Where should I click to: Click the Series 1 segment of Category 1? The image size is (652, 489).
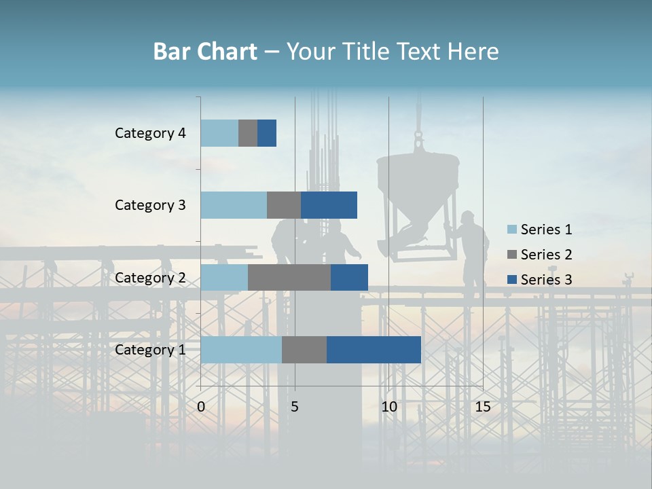[x=241, y=350]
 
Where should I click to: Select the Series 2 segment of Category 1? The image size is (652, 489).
[x=304, y=350]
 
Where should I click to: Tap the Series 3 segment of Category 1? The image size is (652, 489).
[x=374, y=350]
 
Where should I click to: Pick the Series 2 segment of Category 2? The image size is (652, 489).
[x=289, y=278]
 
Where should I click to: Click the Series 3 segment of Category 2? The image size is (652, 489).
[x=349, y=278]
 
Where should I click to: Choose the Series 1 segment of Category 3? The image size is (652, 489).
[x=234, y=205]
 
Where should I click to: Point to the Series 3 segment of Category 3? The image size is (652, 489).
[x=329, y=205]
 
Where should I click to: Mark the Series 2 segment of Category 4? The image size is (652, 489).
[x=248, y=133]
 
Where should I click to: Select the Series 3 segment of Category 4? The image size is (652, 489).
[x=267, y=133]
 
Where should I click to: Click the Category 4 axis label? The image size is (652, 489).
[x=150, y=133]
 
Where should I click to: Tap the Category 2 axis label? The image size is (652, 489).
[x=150, y=278]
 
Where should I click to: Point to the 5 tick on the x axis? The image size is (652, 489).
[x=295, y=407]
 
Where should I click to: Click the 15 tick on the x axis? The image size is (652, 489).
[x=483, y=407]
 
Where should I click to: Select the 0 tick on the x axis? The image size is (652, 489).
[x=201, y=407]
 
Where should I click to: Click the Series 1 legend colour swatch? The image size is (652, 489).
[x=511, y=230]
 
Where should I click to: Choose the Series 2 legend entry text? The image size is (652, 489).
[x=546, y=255]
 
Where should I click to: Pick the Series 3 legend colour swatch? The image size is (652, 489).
[x=511, y=280]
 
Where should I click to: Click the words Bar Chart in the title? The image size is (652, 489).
[x=205, y=51]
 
